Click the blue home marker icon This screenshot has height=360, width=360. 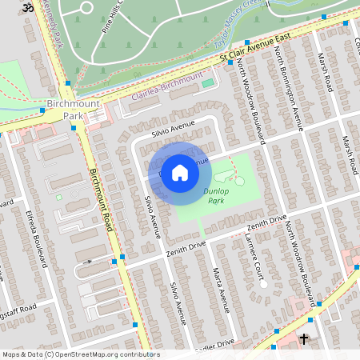tap(180, 173)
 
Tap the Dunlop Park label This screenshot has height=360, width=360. tap(215, 196)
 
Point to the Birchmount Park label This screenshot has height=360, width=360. tap(64, 110)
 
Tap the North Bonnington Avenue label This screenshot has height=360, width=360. tap(288, 88)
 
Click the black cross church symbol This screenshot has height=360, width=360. tap(304, 339)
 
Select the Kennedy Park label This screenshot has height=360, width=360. tap(55, 15)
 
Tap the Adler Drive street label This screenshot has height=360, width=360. tap(216, 342)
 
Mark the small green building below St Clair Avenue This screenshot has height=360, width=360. tap(208, 82)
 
